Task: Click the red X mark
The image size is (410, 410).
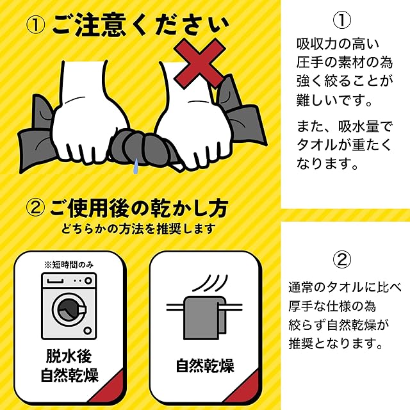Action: coord(199,63)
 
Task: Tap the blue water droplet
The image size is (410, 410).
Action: coord(135,166)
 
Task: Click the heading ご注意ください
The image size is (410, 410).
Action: coord(140,26)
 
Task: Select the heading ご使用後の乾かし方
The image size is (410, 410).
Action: coord(138,208)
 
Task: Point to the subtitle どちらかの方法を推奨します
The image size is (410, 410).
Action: coord(138,229)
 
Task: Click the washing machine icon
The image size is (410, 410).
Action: coord(69,306)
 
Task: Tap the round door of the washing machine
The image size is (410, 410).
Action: coord(69,309)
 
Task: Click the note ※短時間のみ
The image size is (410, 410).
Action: coord(69,265)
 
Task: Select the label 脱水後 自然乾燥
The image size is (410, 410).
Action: coord(69,366)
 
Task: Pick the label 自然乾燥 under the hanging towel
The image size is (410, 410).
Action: coord(205,366)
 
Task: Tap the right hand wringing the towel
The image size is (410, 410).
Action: coord(192,118)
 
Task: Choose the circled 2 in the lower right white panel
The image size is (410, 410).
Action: coord(341,259)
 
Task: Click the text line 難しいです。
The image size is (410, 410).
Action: coord(334,100)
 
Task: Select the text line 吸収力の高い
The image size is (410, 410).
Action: coord(338,44)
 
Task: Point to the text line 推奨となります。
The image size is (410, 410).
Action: coord(336,343)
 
